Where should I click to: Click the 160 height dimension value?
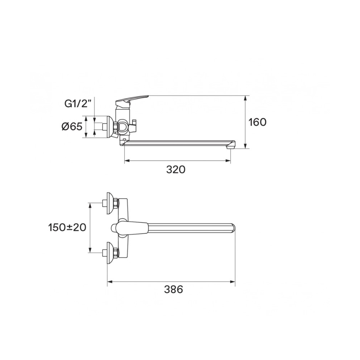[258, 122]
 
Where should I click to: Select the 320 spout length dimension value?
[176, 170]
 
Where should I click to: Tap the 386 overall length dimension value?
[174, 289]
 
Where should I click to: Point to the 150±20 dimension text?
[67, 228]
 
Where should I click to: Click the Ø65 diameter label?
[72, 126]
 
